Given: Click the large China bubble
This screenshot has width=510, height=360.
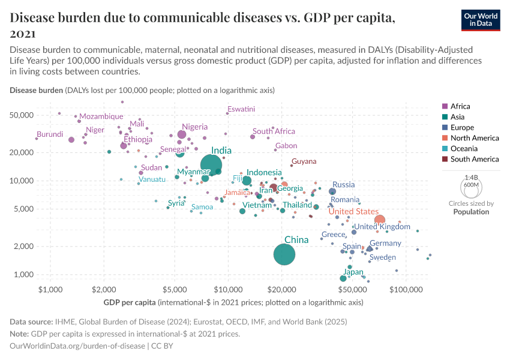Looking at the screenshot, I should click(284, 254).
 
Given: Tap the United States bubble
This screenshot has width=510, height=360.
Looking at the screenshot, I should click(380, 220).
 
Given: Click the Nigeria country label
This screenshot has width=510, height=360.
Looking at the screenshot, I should click(195, 127).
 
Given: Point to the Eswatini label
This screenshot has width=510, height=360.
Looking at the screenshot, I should click(241, 109).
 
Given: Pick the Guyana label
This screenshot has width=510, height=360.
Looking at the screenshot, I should click(304, 161).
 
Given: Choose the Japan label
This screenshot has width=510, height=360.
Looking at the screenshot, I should click(353, 272).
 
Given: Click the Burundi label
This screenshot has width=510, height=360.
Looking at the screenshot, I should click(50, 134).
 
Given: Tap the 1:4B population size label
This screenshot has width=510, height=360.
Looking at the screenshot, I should click(472, 178).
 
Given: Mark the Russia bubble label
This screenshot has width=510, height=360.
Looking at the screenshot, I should click(344, 185).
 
